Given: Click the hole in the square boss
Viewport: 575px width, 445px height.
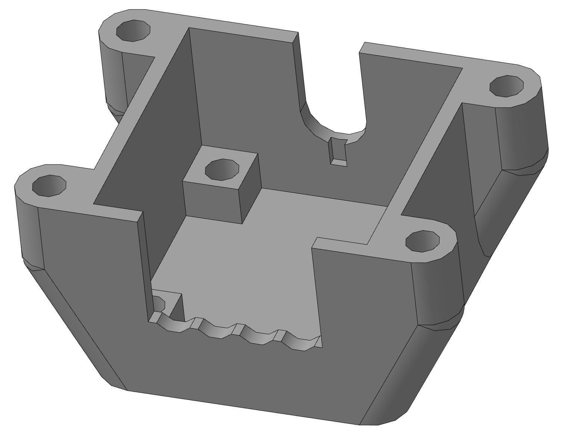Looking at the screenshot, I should coord(222,169).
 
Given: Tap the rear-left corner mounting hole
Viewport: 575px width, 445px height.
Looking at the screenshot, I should coord(133,30).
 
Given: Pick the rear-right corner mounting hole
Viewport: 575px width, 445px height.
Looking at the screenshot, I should coord(506,86).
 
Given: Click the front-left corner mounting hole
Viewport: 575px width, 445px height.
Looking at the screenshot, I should coord(49,185).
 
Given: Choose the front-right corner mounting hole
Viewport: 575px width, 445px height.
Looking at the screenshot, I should coord(422,241).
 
